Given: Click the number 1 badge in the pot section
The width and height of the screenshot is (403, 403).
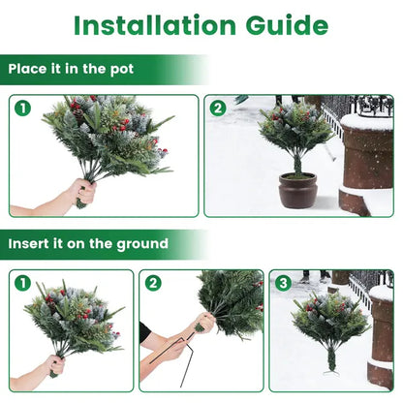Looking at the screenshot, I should point(22,108).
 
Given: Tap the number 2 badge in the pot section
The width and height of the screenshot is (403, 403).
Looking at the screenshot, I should point(218,108).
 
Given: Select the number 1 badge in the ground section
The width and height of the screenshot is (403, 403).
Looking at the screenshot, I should point(22,284).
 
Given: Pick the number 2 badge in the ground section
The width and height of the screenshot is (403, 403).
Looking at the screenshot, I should point(153,284).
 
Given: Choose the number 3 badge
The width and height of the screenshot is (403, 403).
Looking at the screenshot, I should point(284,284).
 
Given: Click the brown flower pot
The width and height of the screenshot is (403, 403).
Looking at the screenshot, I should point(297,190).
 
